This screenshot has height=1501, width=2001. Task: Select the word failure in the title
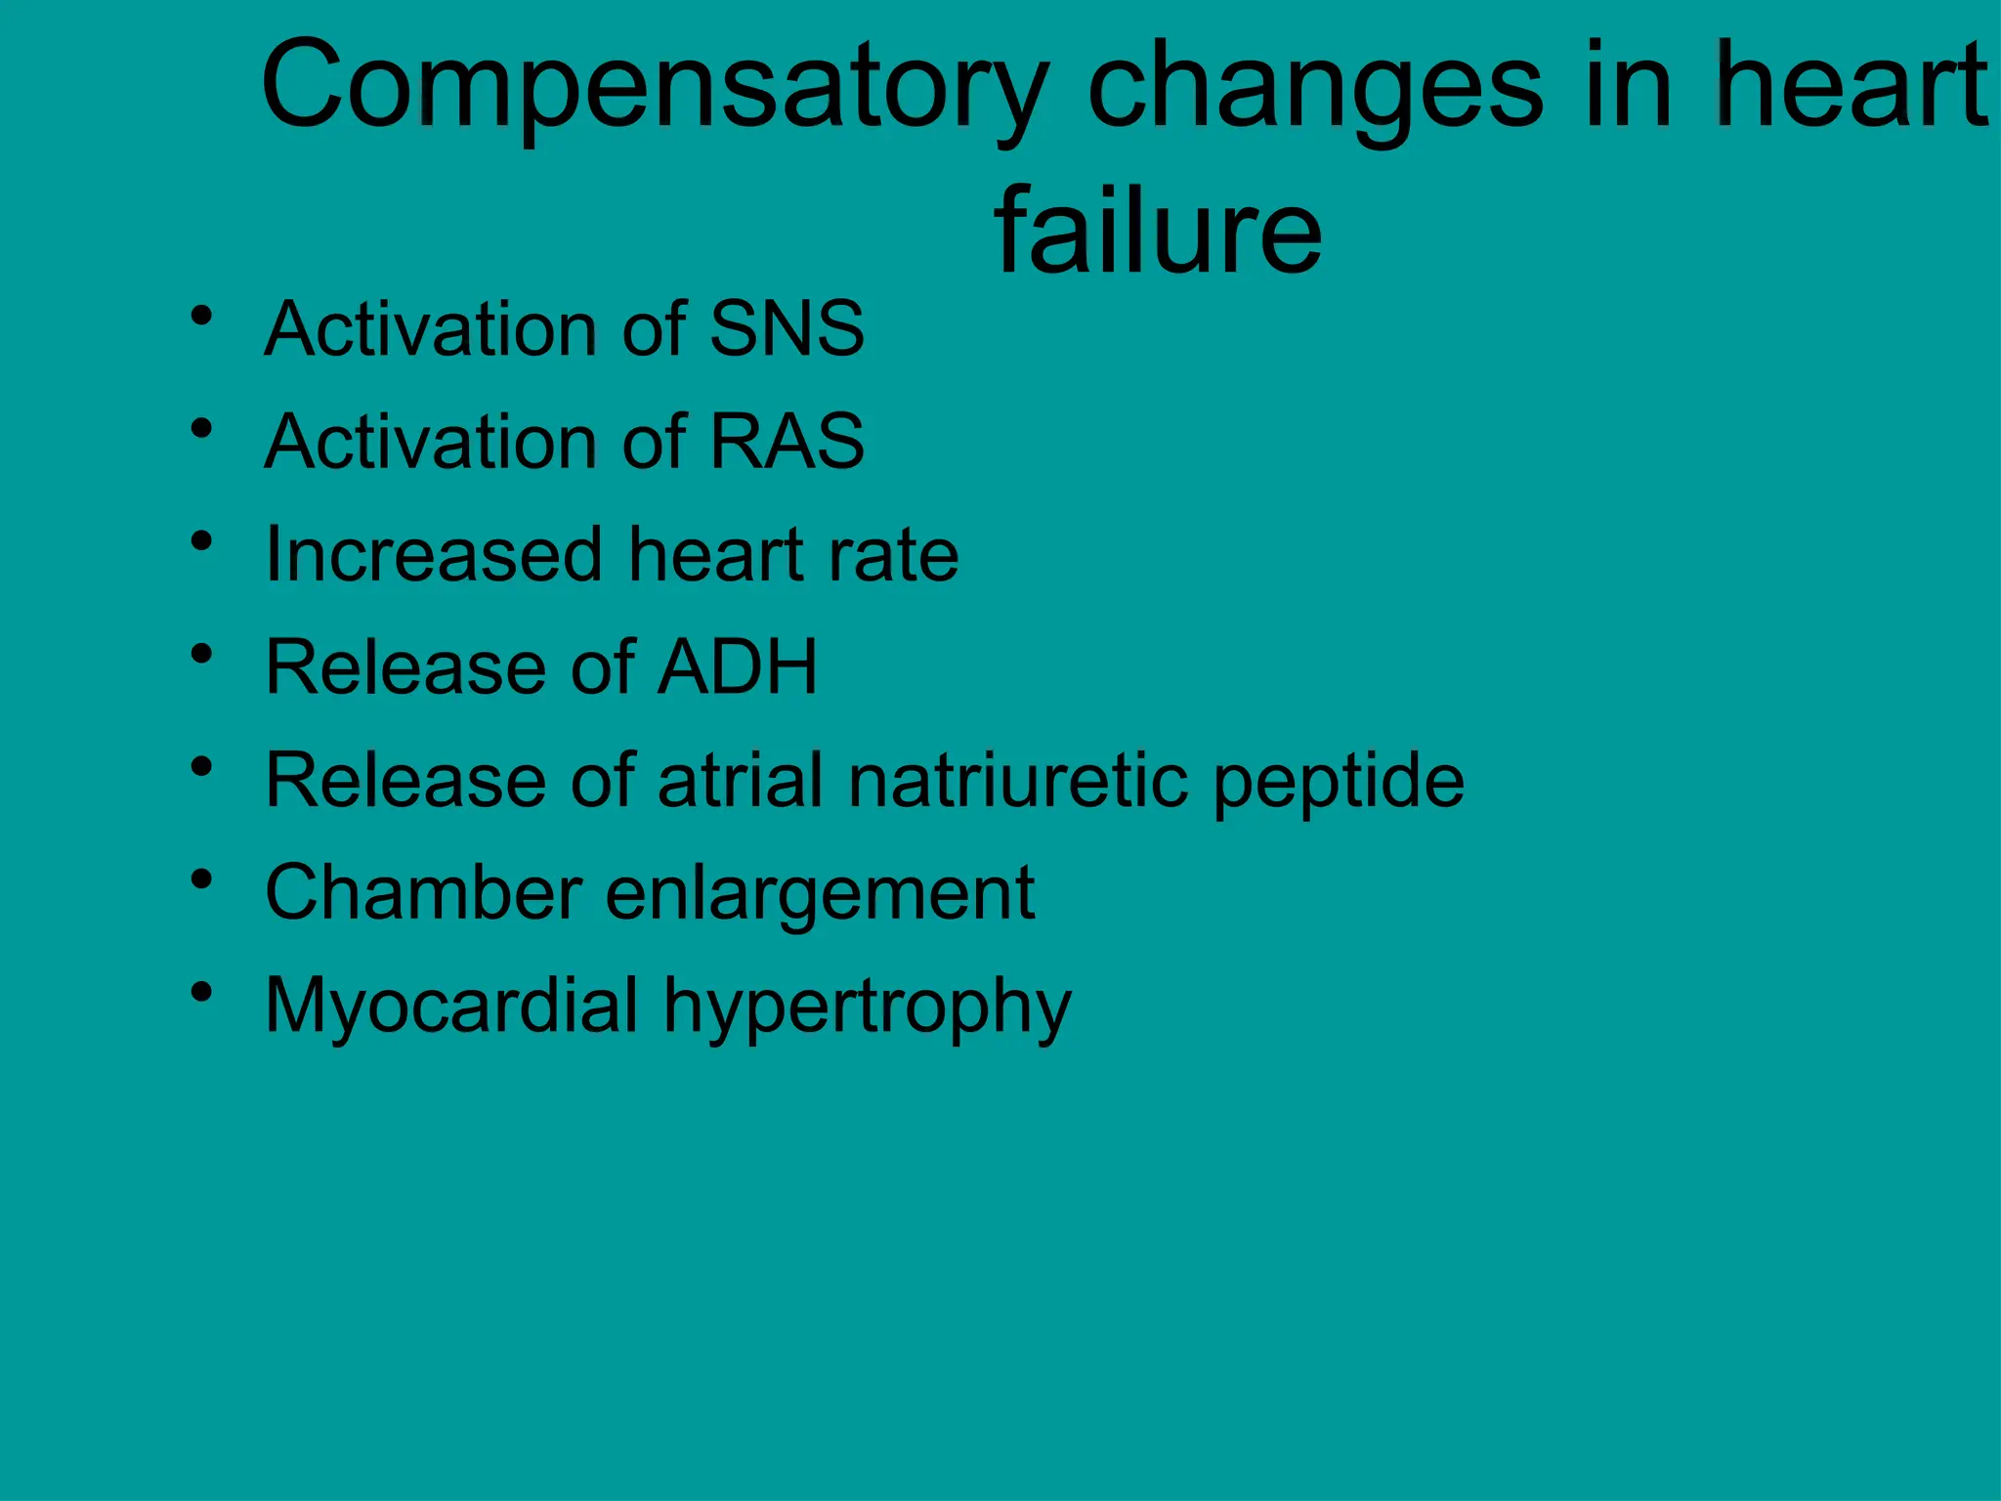(x=1158, y=231)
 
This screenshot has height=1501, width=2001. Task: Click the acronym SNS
(x=787, y=328)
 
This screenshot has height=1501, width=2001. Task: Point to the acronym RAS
(x=787, y=442)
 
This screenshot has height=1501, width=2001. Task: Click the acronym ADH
(x=738, y=667)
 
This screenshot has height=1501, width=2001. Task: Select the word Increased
(x=434, y=554)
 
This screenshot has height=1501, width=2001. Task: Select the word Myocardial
(x=451, y=1007)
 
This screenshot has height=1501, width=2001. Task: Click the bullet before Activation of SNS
(x=202, y=316)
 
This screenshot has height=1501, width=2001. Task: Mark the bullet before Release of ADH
(x=202, y=654)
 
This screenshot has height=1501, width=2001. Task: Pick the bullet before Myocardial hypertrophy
(x=202, y=993)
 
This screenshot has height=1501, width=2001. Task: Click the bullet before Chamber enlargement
(x=202, y=879)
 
